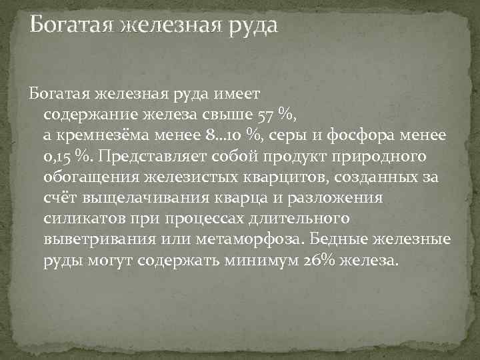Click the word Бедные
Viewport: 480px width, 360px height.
[369, 239]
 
